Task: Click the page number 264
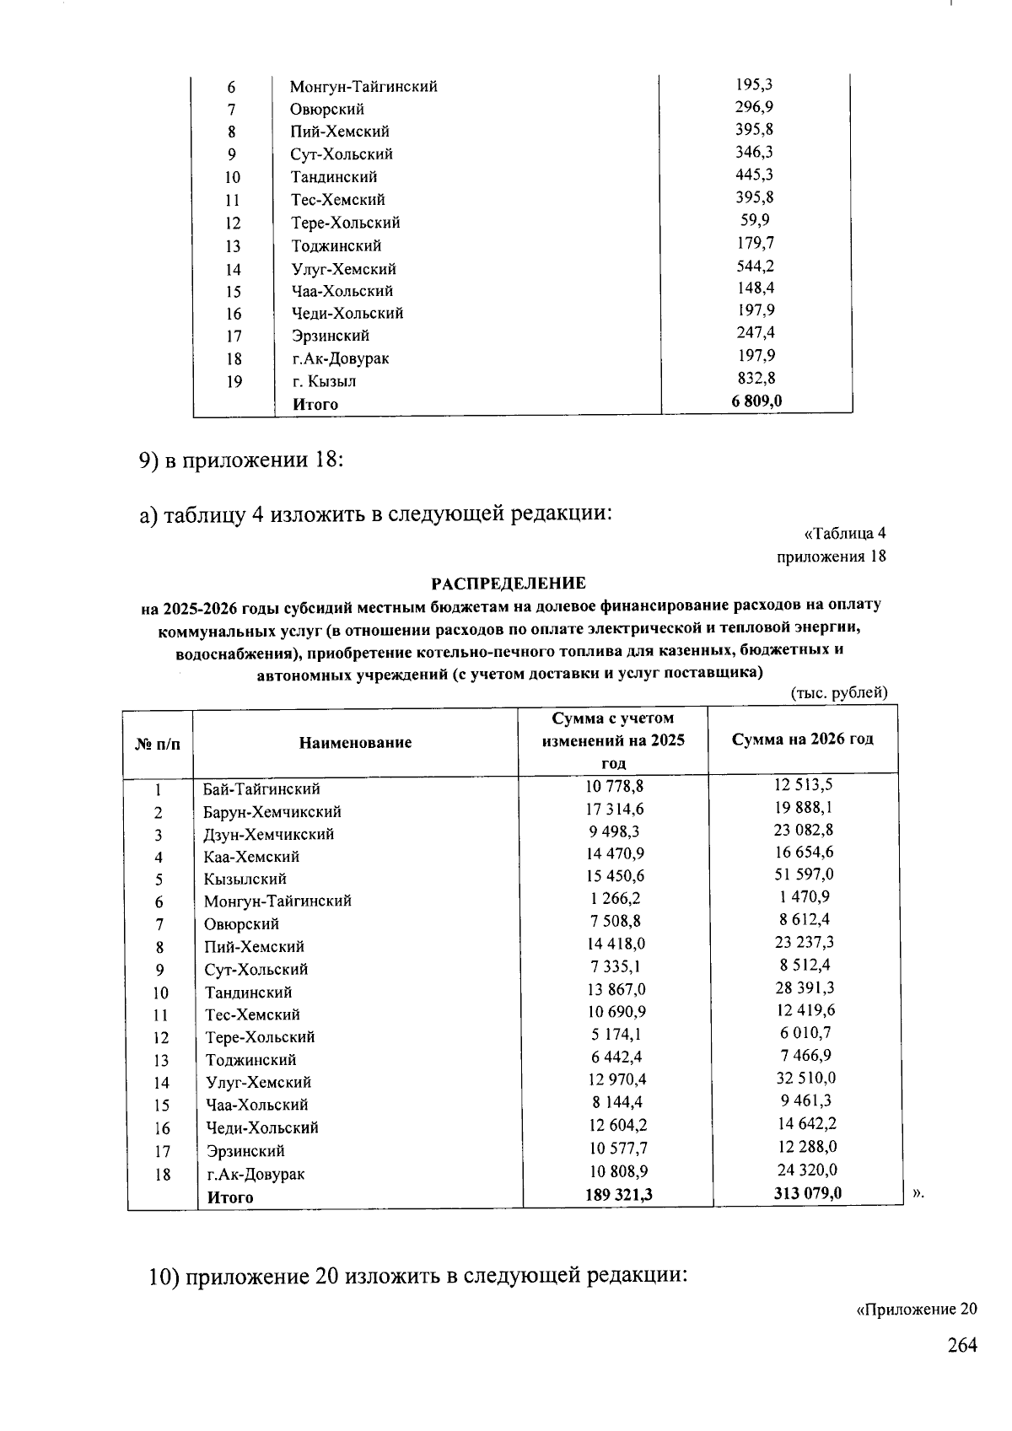pyautogui.click(x=961, y=1345)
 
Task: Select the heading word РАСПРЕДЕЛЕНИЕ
pyautogui.click(x=509, y=584)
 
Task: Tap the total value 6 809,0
pyautogui.click(x=756, y=401)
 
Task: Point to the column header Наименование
pyautogui.click(x=355, y=742)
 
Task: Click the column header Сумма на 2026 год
pyautogui.click(x=802, y=739)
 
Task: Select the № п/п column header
pyautogui.click(x=158, y=744)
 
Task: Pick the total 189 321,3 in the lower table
pyautogui.click(x=619, y=1194)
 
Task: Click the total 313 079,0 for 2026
pyautogui.click(x=807, y=1192)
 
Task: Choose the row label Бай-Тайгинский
pyautogui.click(x=261, y=789)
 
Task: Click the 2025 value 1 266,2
pyautogui.click(x=616, y=898)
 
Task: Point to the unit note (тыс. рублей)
pyautogui.click(x=839, y=693)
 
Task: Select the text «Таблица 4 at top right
pyautogui.click(x=845, y=533)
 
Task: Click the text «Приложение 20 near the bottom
pyautogui.click(x=916, y=1310)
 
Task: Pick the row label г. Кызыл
pyautogui.click(x=324, y=381)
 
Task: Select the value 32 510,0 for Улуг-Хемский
pyautogui.click(x=805, y=1079)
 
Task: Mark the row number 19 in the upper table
pyautogui.click(x=234, y=382)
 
